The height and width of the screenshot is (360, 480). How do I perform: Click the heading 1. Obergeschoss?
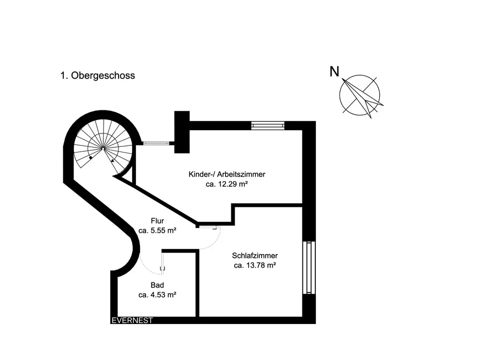coord(97,75)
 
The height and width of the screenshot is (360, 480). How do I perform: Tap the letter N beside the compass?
coord(335,72)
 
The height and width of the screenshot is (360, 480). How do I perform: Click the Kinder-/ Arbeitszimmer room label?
coord(227,174)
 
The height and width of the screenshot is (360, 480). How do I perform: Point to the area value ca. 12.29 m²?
coord(227,184)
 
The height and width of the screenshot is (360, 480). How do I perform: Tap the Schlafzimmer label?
coord(254,255)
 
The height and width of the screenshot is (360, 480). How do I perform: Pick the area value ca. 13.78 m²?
coord(254,265)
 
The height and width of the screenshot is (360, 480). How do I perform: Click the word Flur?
coord(157,221)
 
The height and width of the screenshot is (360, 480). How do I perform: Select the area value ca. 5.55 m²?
coord(157,230)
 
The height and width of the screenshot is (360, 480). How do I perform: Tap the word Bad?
coord(157,286)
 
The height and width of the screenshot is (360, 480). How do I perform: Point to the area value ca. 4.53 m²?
coord(157,295)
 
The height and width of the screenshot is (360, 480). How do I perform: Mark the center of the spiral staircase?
coord(102,148)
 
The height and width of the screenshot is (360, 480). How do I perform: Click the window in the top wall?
coord(268,125)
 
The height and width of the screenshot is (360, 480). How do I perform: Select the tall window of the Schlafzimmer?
coord(310,267)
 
